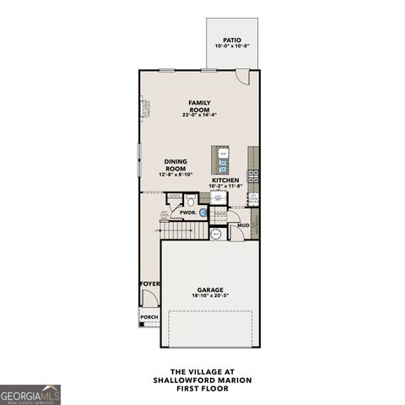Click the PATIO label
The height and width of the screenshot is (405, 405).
pos(232,40)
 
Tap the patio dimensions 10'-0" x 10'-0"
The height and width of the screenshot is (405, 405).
pos(232,46)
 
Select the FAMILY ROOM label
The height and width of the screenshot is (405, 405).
pos(199,105)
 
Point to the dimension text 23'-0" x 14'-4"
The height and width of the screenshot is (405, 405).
pos(199,115)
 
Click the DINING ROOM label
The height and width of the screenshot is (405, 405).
pos(175,165)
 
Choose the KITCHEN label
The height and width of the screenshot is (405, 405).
pos(224,181)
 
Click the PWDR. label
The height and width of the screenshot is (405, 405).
pos(187,213)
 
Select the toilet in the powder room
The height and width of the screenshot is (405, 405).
pos(192,202)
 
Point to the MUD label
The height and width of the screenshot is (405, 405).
pos(243,225)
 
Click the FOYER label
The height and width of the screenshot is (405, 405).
pos(148,284)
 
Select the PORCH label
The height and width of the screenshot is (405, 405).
pos(149,318)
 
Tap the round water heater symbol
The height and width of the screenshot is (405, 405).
pos(216,234)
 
